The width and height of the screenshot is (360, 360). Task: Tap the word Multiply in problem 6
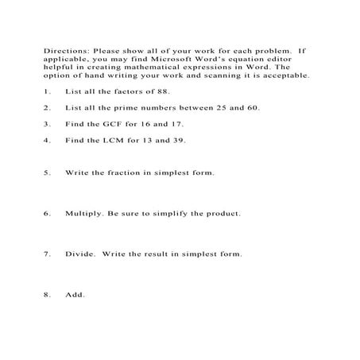click(x=79, y=214)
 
